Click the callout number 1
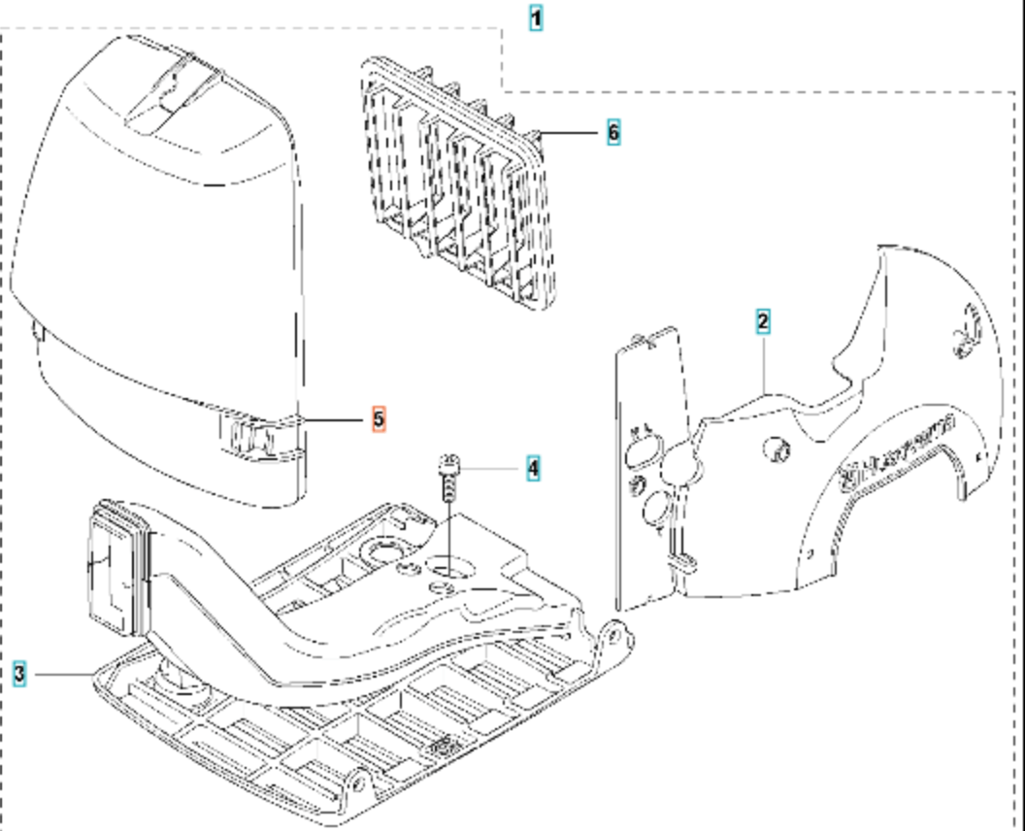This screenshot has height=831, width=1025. pyautogui.click(x=536, y=17)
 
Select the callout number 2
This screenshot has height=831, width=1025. pyautogui.click(x=763, y=321)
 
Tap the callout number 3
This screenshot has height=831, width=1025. pyautogui.click(x=20, y=673)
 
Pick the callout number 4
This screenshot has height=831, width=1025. pyautogui.click(x=532, y=468)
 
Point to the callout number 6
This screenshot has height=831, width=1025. pyautogui.click(x=612, y=131)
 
